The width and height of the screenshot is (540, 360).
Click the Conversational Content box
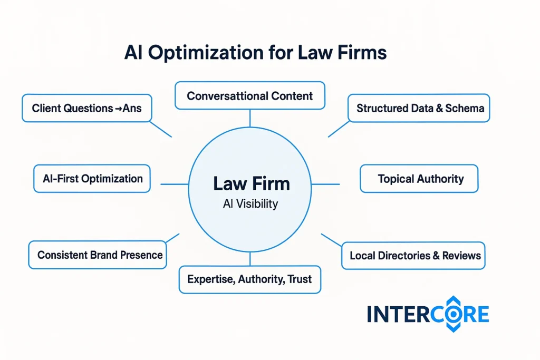[x=249, y=95]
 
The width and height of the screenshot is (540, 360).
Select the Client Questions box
[x=86, y=108]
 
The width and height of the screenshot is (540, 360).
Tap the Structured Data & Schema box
[x=419, y=108]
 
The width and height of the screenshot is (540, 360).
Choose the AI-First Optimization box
[x=92, y=178]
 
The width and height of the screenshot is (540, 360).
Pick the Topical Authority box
[x=419, y=179]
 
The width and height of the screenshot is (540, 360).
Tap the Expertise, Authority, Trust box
[x=250, y=279]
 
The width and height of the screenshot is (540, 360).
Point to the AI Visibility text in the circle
[x=250, y=204]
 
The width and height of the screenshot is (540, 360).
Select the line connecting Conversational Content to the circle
[x=250, y=119]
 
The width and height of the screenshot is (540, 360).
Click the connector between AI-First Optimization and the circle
[x=174, y=184]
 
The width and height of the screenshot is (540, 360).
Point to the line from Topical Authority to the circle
[x=326, y=184]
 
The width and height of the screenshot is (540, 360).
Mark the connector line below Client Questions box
[x=161, y=129]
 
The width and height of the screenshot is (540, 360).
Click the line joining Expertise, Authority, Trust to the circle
[x=250, y=259]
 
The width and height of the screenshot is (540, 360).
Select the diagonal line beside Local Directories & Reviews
[x=331, y=240]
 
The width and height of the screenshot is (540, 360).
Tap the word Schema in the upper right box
[x=466, y=108]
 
